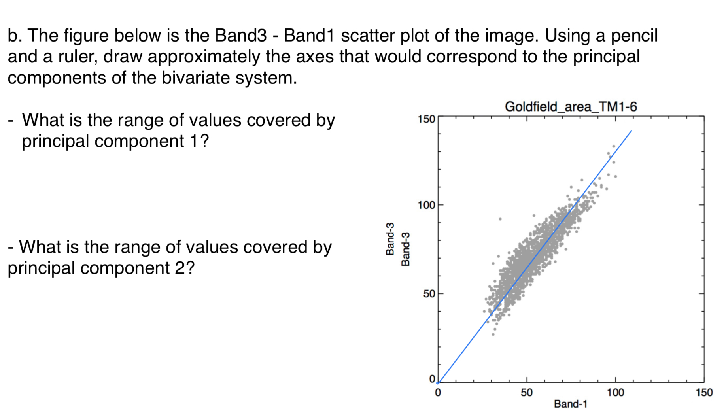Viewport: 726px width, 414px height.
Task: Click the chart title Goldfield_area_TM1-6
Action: coord(571,107)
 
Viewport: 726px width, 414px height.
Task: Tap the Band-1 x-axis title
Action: coord(571,404)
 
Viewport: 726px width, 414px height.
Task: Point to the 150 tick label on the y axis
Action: coord(426,119)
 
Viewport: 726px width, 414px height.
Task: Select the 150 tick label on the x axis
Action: coord(704,393)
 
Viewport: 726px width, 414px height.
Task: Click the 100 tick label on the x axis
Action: coord(615,393)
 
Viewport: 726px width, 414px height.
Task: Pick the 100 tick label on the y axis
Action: coord(426,205)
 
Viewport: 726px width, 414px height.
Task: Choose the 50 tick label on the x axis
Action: coord(526,393)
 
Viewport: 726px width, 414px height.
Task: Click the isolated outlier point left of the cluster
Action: coord(500,219)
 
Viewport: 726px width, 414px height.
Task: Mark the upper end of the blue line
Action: coord(631,131)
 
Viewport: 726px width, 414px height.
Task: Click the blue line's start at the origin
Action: coord(438,382)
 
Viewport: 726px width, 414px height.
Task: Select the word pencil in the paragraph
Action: coord(634,36)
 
